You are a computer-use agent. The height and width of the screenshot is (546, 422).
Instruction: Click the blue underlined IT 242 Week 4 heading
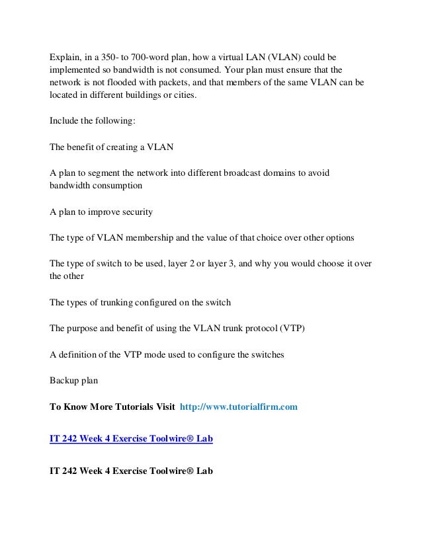tap(132, 439)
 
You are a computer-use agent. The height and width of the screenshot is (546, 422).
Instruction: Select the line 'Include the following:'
tap(91, 122)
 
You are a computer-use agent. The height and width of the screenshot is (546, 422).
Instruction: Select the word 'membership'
tap(146, 237)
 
